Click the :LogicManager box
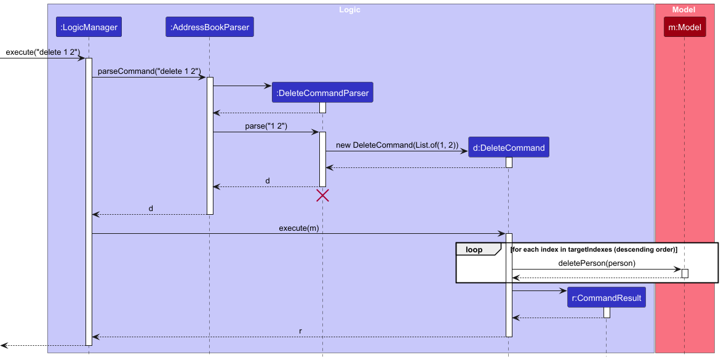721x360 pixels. coord(89,27)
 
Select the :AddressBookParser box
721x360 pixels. coord(209,27)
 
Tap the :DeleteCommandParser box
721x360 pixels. coord(322,93)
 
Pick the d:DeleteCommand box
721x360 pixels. coord(509,148)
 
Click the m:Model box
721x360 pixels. coord(685,27)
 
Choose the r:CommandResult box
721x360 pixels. coord(607,298)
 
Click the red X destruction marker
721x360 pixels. coord(322,196)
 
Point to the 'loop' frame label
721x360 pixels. coord(474,250)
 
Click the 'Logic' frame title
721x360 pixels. coord(349,10)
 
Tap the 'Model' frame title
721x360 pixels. coord(683,10)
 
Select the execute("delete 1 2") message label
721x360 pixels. coord(43,52)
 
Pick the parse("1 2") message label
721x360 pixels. coord(266,126)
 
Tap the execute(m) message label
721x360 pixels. coord(299,228)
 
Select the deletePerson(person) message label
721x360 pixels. coord(597,263)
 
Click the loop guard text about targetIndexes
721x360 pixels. coord(594,249)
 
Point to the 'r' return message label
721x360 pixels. coord(300,331)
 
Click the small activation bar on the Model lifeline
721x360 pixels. coord(685,273)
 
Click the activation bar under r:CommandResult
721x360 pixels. coord(607,312)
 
